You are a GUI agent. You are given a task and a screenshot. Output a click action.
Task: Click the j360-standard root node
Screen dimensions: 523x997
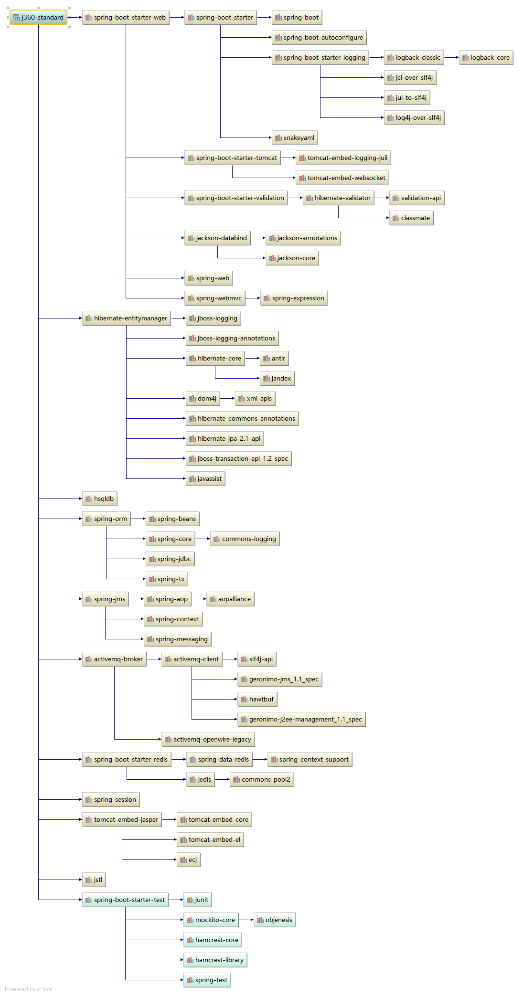(38, 18)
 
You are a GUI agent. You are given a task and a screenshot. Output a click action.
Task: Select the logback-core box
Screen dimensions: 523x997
(486, 58)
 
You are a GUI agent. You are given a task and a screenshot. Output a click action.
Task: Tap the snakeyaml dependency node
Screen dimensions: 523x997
(295, 138)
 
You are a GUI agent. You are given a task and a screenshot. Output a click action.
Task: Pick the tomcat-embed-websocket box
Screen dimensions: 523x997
(342, 178)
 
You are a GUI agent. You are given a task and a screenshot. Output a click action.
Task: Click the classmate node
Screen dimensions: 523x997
(411, 218)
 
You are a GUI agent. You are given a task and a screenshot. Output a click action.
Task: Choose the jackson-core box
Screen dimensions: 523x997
(292, 258)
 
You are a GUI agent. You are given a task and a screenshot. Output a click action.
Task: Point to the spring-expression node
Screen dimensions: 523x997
(294, 298)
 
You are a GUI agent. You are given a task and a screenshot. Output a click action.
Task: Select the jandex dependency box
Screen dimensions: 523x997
(277, 379)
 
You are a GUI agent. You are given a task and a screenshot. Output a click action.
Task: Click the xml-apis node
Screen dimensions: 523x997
(255, 399)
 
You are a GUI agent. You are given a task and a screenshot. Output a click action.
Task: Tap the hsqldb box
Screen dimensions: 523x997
(99, 499)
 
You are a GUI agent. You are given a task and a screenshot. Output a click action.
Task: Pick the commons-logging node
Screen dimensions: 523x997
(245, 539)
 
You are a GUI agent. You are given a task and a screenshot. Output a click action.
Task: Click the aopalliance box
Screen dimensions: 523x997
(230, 599)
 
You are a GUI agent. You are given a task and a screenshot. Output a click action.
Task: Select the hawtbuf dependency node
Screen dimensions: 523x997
(257, 700)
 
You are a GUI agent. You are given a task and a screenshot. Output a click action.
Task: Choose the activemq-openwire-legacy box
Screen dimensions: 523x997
(208, 740)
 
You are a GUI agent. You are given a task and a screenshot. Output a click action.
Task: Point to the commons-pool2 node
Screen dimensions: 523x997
(262, 780)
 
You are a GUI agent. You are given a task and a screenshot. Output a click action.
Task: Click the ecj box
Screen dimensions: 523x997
(188, 860)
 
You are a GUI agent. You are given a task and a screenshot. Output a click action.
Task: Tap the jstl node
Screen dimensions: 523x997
(94, 880)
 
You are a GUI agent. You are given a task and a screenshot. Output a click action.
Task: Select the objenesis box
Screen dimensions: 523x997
(275, 920)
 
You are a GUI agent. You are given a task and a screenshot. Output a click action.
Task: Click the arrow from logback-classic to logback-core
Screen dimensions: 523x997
(451, 58)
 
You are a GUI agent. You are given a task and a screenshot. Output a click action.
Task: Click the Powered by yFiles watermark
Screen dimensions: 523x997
(28, 989)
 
